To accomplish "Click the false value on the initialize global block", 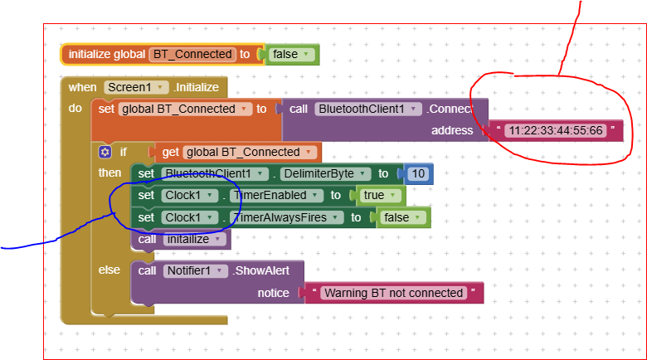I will (x=289, y=55).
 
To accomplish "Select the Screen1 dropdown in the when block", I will (x=136, y=87).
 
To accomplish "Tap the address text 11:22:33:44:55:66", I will (x=555, y=130).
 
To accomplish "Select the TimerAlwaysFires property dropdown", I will (x=287, y=217).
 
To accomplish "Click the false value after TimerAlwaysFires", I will (x=402, y=217).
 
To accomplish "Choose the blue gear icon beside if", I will (x=105, y=152).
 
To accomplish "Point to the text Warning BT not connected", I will (x=393, y=293).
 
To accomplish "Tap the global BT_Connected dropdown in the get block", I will (x=250, y=152).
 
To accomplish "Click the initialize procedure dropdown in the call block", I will (x=194, y=239).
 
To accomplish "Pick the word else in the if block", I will (x=109, y=270).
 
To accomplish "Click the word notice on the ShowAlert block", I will (x=273, y=292).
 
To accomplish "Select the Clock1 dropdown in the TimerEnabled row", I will (x=188, y=196).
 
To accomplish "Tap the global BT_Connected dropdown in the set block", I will (x=185, y=109).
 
